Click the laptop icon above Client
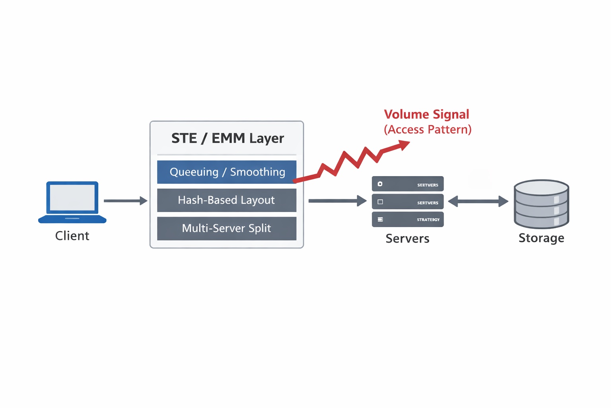[72, 202]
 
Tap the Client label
[72, 236]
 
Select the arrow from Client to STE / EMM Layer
[125, 201]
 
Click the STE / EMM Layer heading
[228, 138]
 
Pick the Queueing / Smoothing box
[227, 172]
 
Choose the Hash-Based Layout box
[227, 200]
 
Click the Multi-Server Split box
[227, 228]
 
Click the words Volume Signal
[426, 114]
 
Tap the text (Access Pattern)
[428, 129]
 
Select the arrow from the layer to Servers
[337, 201]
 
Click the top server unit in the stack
[407, 184]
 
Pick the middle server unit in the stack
[407, 202]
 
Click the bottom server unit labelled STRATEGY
[407, 220]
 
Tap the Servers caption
[407, 239]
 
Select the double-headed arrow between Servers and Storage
[478, 201]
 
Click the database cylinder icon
[541, 204]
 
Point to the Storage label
[541, 238]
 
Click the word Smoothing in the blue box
[258, 172]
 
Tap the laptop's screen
[72, 198]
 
